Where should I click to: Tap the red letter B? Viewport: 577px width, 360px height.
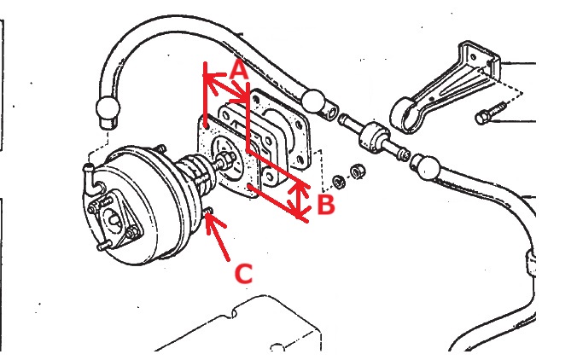[x=324, y=204]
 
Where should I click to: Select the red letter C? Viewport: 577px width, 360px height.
[x=243, y=273]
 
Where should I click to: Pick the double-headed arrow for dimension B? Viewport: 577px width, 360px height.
[x=298, y=201]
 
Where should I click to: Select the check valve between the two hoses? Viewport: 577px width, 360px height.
[x=373, y=139]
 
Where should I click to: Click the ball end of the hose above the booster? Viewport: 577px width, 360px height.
[x=109, y=108]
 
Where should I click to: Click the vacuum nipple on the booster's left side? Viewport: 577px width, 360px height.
[x=86, y=174]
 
